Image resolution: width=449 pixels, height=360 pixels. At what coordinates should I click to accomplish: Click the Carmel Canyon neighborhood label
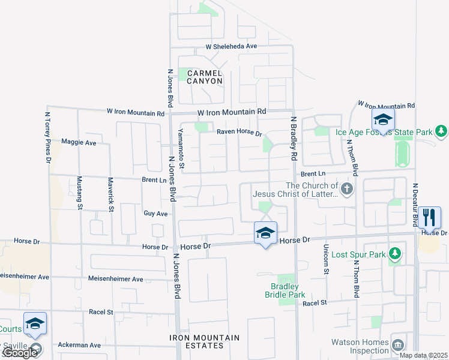[205, 77]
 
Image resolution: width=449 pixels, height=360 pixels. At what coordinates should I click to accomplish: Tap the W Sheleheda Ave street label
[231, 46]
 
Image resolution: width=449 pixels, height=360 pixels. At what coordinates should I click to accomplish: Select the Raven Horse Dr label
[240, 133]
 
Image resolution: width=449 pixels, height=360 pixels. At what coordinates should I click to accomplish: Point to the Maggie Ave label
[79, 143]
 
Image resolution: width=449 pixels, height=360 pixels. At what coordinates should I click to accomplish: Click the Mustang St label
[80, 192]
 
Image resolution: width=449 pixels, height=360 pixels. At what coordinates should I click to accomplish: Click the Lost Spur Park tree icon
[394, 254]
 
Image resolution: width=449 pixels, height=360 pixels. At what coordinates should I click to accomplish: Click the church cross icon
[347, 190]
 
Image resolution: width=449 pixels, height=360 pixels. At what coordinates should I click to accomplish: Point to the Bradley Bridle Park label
[285, 290]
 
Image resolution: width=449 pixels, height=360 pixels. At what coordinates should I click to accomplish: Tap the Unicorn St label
[327, 259]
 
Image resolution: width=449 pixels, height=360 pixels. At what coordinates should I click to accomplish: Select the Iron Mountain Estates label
[204, 341]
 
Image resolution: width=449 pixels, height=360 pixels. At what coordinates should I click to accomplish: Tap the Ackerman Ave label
[79, 345]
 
